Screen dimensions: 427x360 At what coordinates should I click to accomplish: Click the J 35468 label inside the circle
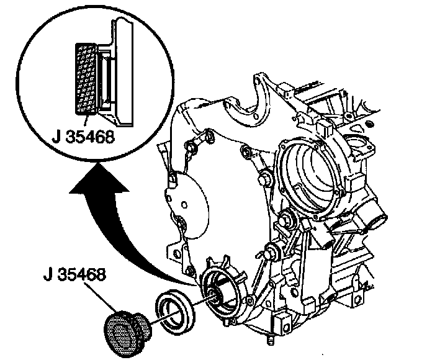point(84,138)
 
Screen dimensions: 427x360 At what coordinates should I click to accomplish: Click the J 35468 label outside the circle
point(74,275)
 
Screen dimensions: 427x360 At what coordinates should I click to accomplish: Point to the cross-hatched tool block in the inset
point(86,79)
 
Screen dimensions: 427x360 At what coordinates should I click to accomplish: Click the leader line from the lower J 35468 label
point(101,297)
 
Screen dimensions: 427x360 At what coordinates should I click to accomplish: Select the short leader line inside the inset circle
point(86,121)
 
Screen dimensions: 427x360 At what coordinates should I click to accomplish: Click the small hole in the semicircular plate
point(184,204)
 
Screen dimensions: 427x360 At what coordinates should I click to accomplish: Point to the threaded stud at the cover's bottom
point(270,340)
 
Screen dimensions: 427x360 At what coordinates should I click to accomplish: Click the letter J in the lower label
point(48,275)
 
